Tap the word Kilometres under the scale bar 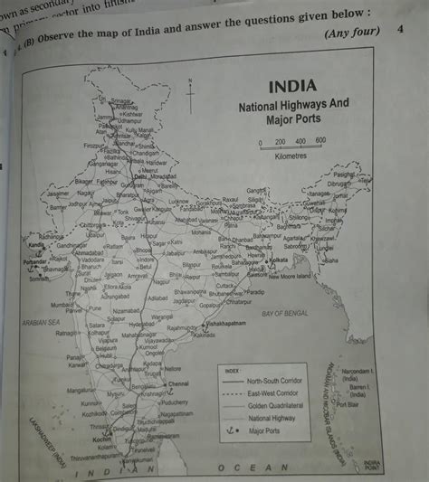click(x=291, y=156)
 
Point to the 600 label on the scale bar click(x=319, y=141)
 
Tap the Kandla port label click(x=36, y=246)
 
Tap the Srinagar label click(x=121, y=101)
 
